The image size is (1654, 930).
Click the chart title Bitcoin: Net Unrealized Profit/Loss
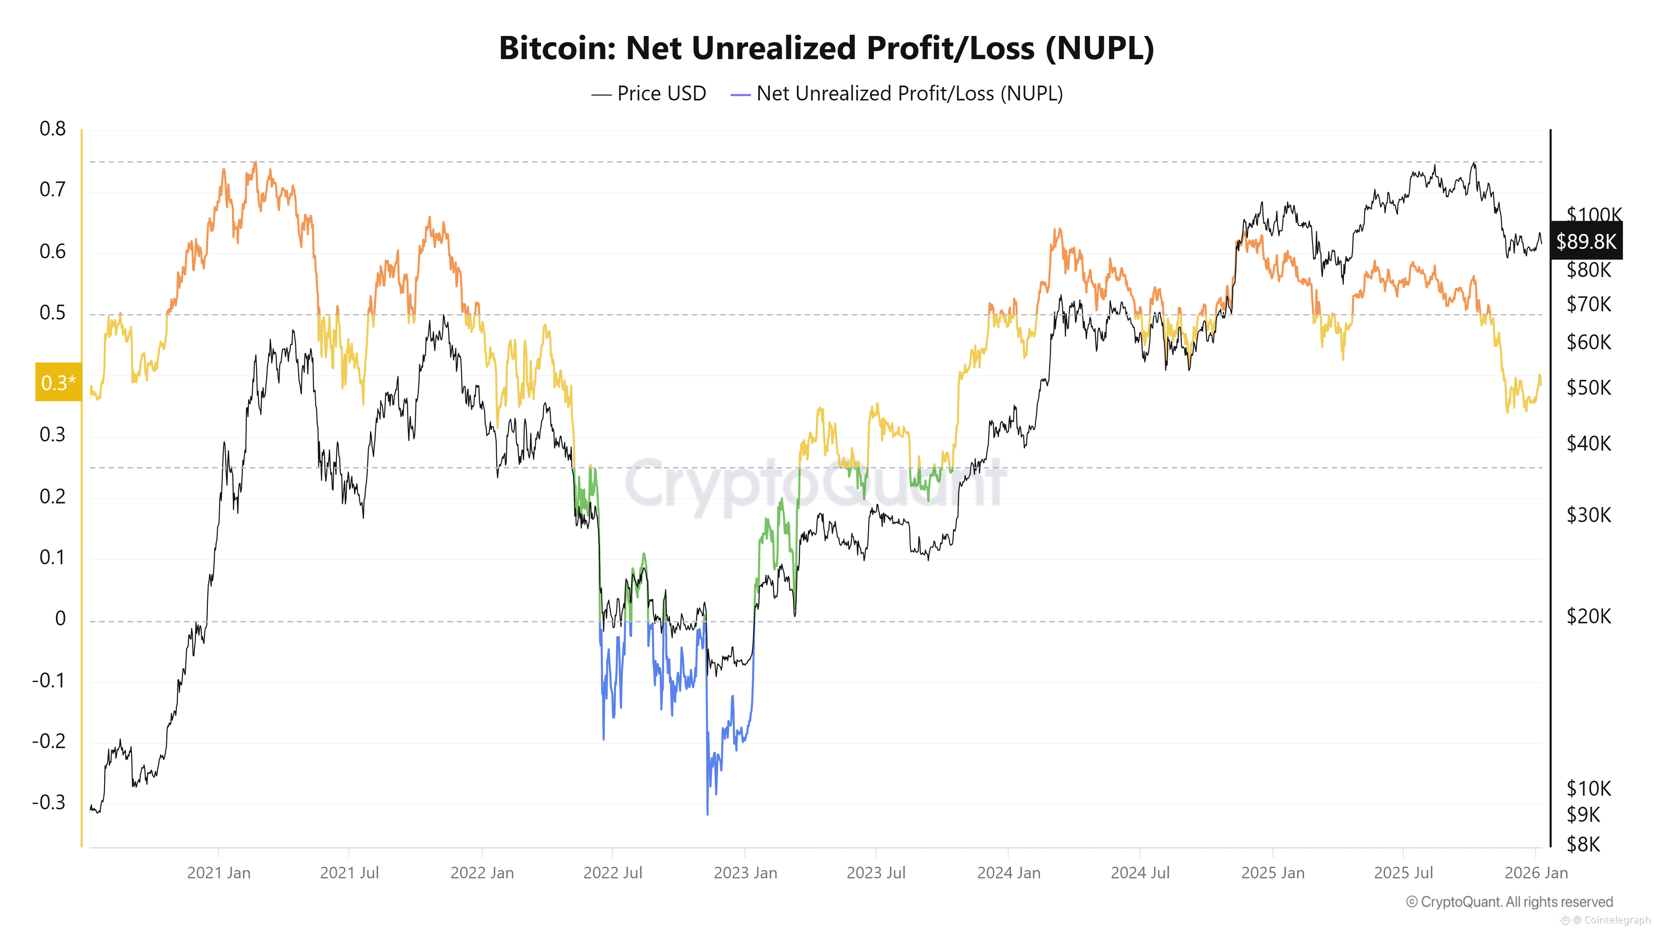(826, 48)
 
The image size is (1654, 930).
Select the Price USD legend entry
(648, 94)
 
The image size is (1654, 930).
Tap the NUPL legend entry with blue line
(897, 94)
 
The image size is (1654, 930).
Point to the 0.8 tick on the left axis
(53, 129)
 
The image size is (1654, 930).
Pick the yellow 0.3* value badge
(58, 382)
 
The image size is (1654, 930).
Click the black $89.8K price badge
(1585, 241)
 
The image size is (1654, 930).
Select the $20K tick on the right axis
(1589, 617)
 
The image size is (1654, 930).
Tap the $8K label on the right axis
(1583, 844)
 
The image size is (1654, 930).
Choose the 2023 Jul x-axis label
(876, 873)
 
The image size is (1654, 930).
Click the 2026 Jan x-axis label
(1536, 873)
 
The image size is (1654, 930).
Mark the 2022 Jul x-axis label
(612, 873)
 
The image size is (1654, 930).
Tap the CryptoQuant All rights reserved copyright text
(1509, 902)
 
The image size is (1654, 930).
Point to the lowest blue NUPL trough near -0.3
(707, 813)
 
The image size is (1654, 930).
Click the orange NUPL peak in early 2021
(255, 164)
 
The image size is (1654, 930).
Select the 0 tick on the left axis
(60, 619)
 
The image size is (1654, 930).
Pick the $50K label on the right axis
(1589, 388)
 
